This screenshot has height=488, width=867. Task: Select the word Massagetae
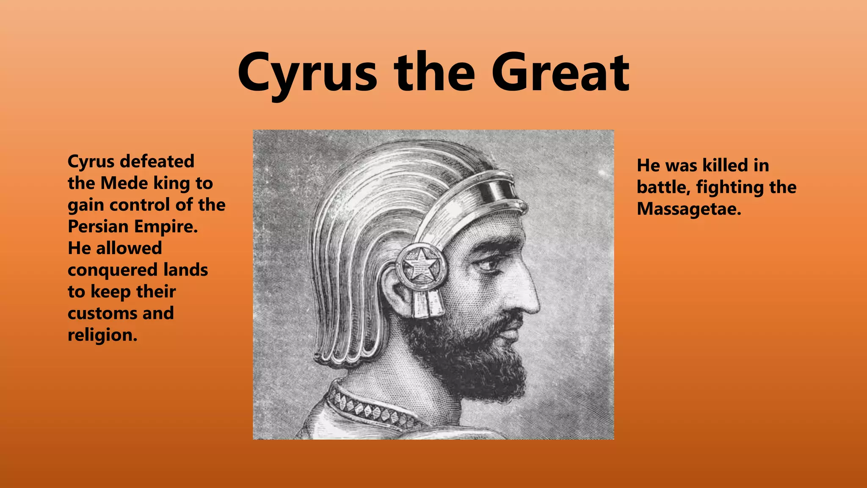click(x=689, y=209)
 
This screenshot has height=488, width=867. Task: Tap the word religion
click(x=102, y=335)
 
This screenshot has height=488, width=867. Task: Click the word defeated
click(x=157, y=161)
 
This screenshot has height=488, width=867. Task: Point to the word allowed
click(x=129, y=248)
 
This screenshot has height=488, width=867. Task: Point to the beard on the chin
click(x=487, y=369)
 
